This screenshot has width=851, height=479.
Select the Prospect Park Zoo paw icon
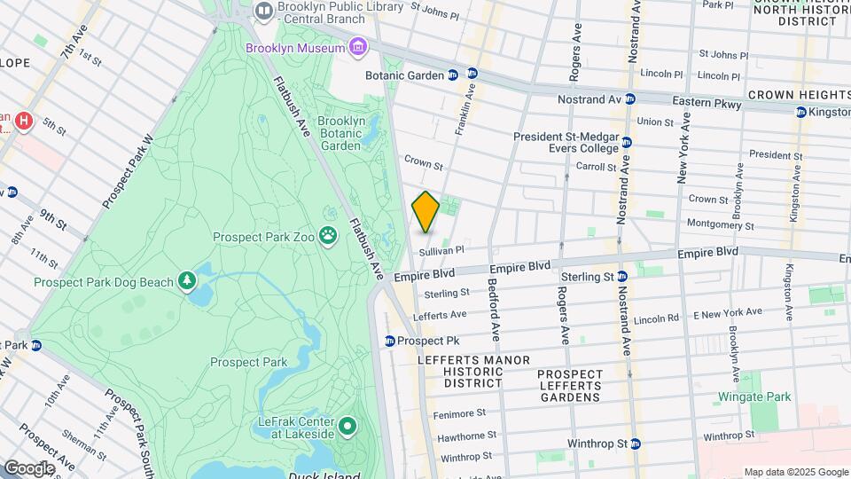pyautogui.click(x=329, y=236)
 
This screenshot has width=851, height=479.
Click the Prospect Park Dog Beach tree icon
pyautogui.click(x=187, y=282)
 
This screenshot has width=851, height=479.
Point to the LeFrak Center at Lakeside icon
pyautogui.click(x=347, y=428)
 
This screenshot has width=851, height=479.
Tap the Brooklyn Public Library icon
pyautogui.click(x=263, y=11)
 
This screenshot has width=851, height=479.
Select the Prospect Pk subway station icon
pyautogui.click(x=389, y=341)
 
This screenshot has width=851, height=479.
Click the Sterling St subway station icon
pyautogui.click(x=622, y=277)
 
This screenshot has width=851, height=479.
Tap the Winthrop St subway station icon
pyautogui.click(x=635, y=443)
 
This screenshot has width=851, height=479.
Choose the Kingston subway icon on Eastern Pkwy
pyautogui.click(x=801, y=113)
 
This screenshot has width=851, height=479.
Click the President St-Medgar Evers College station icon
pyautogui.click(x=627, y=142)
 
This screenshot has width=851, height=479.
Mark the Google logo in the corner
pyautogui.click(x=29, y=468)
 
